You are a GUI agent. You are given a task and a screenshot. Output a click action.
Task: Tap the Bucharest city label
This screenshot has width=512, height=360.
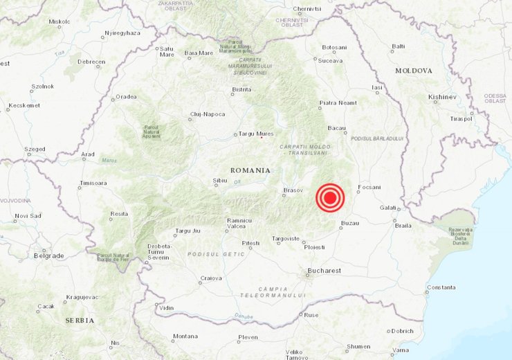(325, 270)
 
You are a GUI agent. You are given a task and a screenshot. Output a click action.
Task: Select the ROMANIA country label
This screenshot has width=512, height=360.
(251, 170)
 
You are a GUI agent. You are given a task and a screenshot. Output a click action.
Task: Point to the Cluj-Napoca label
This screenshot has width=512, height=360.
(208, 114)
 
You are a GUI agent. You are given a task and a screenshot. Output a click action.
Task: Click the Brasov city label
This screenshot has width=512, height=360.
(294, 190)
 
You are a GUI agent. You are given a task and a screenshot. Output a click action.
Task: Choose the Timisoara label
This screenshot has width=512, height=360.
(93, 183)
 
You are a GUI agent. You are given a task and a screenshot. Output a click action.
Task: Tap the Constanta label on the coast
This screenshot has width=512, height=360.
(441, 287)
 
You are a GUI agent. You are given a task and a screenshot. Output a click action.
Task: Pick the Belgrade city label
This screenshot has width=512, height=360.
(48, 255)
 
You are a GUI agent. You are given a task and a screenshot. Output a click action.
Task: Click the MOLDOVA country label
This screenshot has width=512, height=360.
(414, 71)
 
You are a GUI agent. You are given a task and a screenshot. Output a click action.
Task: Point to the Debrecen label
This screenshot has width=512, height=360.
(91, 62)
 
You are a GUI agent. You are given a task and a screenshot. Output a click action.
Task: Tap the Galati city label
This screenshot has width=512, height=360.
(388, 208)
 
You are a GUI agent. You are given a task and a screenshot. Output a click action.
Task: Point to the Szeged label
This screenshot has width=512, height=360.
(34, 149)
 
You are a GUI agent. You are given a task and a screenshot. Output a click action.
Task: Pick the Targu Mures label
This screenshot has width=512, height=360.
(256, 134)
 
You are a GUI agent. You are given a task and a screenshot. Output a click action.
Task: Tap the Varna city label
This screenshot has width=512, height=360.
(400, 350)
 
